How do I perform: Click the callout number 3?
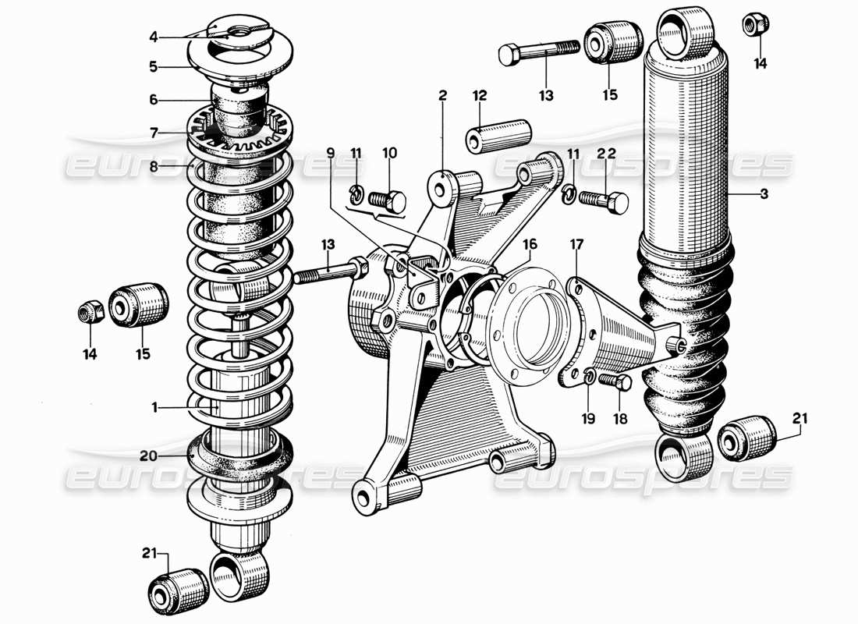click(x=764, y=194)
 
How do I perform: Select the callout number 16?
click(x=530, y=245)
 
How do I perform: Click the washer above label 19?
click(x=590, y=378)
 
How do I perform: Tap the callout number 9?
click(x=331, y=154)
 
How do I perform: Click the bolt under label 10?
click(x=385, y=201)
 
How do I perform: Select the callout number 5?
click(x=154, y=67)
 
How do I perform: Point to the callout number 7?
click(x=154, y=134)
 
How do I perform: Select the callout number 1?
click(x=154, y=406)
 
